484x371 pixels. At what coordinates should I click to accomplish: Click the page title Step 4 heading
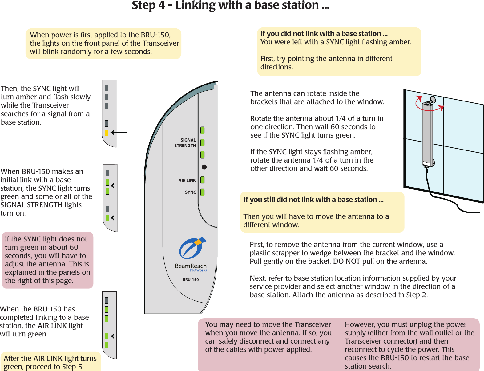click(x=230, y=6)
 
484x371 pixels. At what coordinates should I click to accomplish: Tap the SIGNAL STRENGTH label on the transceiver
click(x=185, y=143)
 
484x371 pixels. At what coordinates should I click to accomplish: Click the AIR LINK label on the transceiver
click(x=187, y=180)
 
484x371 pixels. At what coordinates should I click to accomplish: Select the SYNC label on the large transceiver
click(x=190, y=192)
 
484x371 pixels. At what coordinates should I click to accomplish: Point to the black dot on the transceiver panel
click(x=204, y=167)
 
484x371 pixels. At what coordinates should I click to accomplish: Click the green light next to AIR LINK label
click(x=203, y=180)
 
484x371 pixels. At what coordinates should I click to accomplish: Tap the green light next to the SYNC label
click(x=203, y=192)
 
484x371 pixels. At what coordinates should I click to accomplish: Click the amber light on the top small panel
click(x=107, y=133)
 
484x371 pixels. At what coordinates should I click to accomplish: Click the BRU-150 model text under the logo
click(x=191, y=280)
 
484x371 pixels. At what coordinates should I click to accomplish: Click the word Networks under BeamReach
click(x=198, y=270)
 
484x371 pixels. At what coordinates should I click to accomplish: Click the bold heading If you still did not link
click(x=313, y=200)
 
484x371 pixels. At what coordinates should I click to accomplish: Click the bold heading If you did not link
click(x=324, y=34)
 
